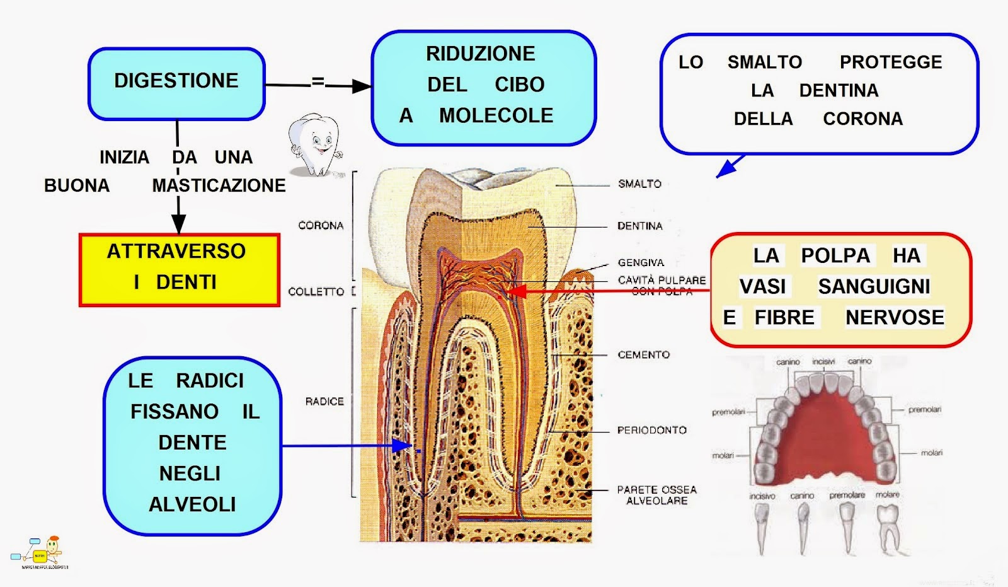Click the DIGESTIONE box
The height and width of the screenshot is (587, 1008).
[x=176, y=82]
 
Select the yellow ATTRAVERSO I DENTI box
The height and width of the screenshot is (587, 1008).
[x=179, y=270]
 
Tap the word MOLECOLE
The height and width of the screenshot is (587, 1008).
[x=496, y=115]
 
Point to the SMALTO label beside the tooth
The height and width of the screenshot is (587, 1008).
[x=639, y=184]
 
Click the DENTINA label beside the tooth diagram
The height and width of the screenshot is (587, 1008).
[x=639, y=226]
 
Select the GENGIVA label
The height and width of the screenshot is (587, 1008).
[x=641, y=262]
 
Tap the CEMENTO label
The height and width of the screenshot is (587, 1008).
[x=643, y=355]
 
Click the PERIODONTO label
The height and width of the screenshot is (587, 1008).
[x=651, y=430]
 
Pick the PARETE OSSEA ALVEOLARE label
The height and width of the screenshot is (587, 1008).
[x=656, y=495]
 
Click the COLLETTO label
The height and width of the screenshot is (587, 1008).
[x=316, y=291]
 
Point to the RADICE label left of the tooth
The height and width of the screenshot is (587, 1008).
[x=324, y=401]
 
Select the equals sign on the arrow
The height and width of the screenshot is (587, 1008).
[x=318, y=81]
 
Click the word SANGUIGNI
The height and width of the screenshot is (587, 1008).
[x=874, y=286]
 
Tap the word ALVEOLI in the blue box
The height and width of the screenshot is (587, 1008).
[x=192, y=504]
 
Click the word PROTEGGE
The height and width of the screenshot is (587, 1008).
[x=891, y=62]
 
